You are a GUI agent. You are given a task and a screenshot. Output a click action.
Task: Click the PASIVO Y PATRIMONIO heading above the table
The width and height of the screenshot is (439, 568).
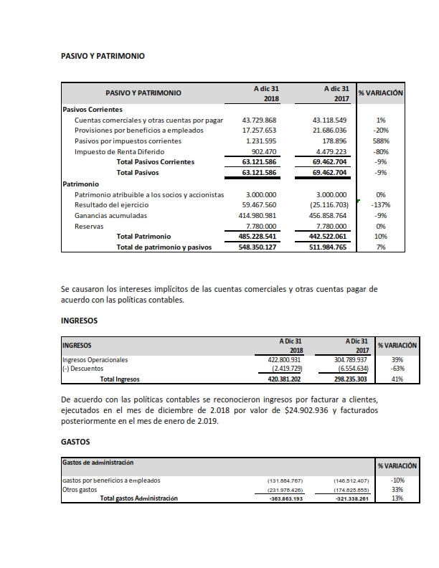[x=103, y=55]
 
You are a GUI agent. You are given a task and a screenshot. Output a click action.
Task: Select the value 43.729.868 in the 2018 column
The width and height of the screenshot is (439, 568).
[x=260, y=120]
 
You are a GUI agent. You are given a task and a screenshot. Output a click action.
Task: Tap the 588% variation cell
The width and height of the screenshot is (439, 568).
[x=381, y=141]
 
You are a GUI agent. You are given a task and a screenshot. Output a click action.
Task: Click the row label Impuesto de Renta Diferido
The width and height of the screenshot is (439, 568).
[x=119, y=152]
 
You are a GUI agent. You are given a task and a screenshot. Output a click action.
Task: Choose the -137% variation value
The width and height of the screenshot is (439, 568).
[x=381, y=205]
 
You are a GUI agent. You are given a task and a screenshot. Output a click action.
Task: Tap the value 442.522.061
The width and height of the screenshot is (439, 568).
[x=330, y=236]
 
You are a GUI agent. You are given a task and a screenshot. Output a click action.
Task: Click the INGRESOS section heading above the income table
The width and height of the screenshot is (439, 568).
[x=80, y=320]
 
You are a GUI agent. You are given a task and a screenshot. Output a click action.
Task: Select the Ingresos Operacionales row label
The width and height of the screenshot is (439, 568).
[x=95, y=359]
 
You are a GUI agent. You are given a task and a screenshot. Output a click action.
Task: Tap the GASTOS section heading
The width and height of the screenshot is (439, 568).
[x=77, y=443]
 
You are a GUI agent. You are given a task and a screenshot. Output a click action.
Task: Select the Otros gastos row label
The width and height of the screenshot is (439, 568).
[x=79, y=489]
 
